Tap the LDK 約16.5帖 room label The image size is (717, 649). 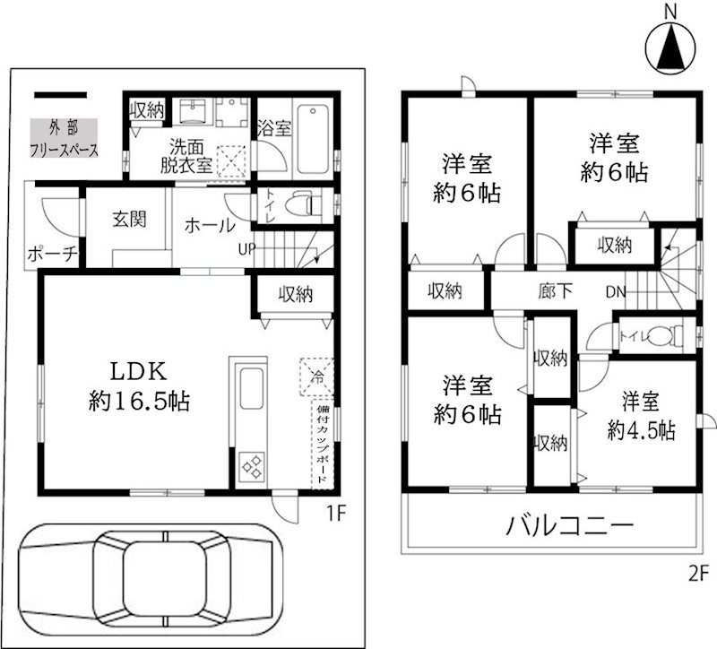pos(139,385)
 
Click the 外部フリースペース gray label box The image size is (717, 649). pos(64,139)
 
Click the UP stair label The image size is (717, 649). pos(245,248)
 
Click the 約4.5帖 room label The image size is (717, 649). pos(640,416)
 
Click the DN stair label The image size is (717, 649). pos(616,290)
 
